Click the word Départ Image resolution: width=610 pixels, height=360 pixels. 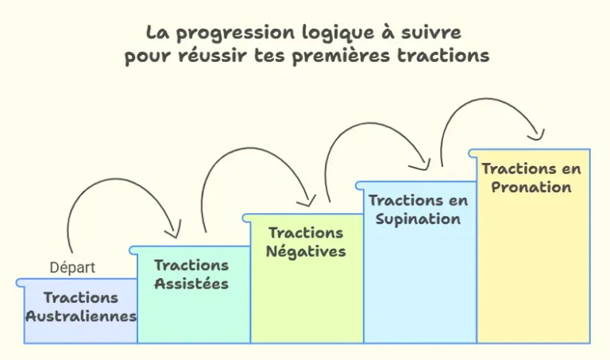tap(72, 268)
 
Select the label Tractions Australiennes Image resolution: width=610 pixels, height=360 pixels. tap(81, 307)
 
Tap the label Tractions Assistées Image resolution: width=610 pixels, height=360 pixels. tap(191, 274)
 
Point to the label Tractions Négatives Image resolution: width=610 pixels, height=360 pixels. tap(306, 242)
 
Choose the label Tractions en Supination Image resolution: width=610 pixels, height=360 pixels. tap(418, 210)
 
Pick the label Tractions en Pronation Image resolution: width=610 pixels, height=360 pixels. tap(531, 178)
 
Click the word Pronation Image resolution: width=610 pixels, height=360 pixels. tap(531, 188)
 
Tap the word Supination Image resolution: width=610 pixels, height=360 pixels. tap(418, 219)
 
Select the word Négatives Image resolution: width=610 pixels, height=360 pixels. tap(306, 251)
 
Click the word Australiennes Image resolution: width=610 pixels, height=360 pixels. tap(81, 316)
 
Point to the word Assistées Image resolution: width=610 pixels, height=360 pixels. tap(191, 284)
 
